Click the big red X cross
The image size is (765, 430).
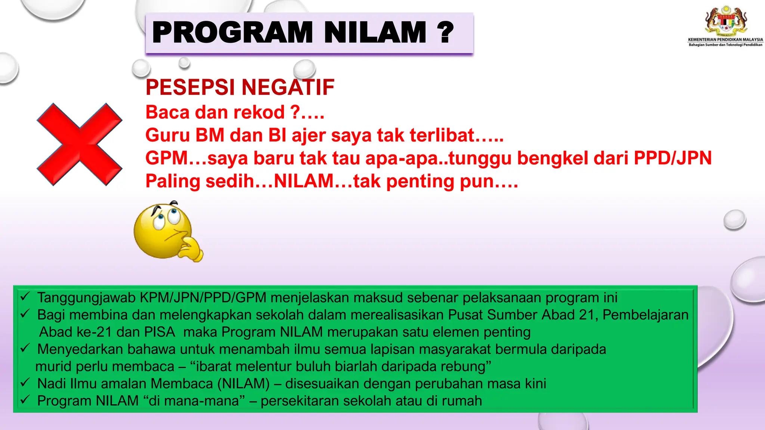(x=79, y=144)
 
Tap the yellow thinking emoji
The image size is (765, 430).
(x=164, y=231)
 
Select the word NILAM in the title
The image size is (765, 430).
(x=375, y=33)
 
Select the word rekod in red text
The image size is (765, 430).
(x=263, y=112)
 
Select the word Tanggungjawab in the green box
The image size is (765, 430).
(x=86, y=298)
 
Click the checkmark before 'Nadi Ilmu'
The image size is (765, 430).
(x=25, y=383)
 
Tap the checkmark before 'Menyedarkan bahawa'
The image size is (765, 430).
(x=25, y=348)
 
